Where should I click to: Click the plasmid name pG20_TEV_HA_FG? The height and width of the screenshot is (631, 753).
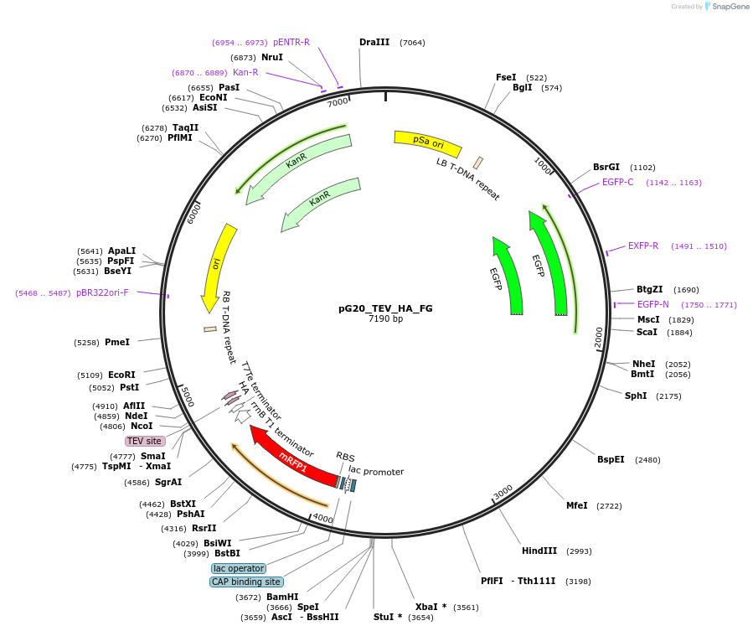tap(385, 308)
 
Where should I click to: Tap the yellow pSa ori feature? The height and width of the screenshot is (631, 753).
tap(427, 144)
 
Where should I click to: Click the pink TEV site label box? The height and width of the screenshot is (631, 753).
tap(144, 441)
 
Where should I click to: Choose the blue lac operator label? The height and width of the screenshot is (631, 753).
tap(239, 568)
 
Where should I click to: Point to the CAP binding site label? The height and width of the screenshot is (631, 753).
tap(246, 582)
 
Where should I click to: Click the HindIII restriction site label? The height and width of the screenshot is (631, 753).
tap(539, 551)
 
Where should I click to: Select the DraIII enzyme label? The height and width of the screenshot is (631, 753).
tap(374, 42)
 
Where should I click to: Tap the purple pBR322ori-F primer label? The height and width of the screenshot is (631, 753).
tap(102, 293)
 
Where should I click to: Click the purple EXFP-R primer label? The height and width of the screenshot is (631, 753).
tap(643, 246)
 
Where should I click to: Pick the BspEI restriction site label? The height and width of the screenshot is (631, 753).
tap(611, 459)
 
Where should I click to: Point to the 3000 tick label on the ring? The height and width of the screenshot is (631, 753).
tap(503, 492)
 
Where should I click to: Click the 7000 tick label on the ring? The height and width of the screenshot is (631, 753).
tap(338, 102)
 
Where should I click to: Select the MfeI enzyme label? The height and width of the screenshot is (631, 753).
tap(576, 505)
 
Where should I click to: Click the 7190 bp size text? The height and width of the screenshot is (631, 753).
tap(385, 319)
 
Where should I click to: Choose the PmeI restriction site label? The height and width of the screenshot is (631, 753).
tap(117, 342)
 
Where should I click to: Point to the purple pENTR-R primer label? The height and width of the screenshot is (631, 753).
tap(291, 42)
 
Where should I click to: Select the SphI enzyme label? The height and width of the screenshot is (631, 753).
tap(636, 396)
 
